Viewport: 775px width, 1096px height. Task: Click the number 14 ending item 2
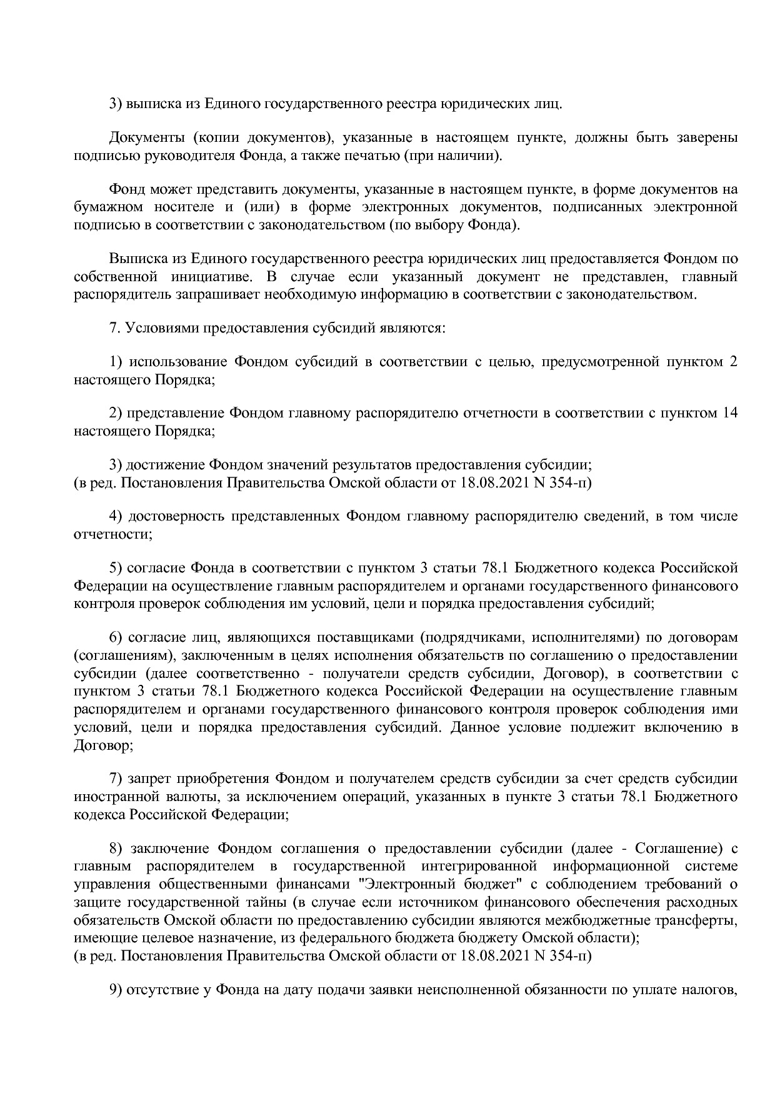click(729, 413)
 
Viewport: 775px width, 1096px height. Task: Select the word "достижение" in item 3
click(166, 465)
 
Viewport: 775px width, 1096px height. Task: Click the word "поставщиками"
click(366, 637)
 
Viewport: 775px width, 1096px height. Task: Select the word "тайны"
click(263, 902)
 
